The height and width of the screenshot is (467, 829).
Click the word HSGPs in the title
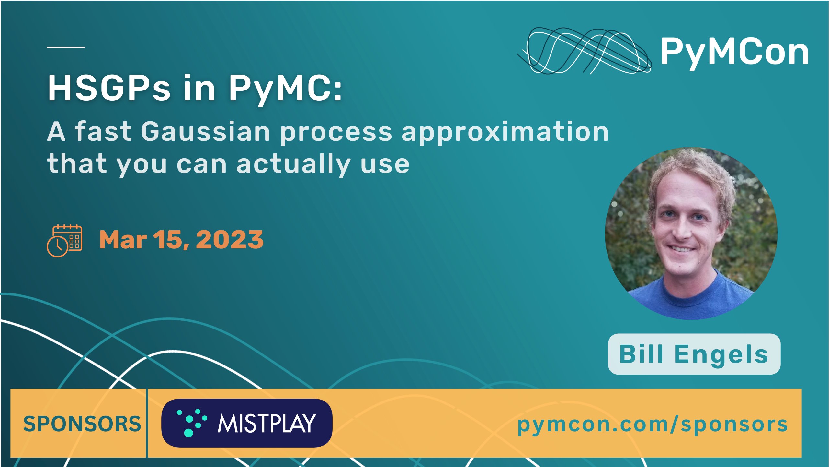tap(109, 88)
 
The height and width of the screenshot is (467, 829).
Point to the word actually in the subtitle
tap(293, 164)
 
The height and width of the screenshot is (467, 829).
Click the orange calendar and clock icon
tap(64, 241)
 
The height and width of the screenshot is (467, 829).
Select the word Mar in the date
tap(123, 240)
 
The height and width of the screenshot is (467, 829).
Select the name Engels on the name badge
tap(722, 354)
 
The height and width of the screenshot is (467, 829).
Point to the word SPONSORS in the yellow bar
tap(82, 424)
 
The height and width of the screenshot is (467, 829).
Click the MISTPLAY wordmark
tap(267, 423)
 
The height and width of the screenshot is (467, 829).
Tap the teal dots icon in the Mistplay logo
tap(192, 423)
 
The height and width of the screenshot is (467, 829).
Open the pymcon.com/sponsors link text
tap(652, 424)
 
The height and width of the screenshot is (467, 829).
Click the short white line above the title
tap(66, 47)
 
